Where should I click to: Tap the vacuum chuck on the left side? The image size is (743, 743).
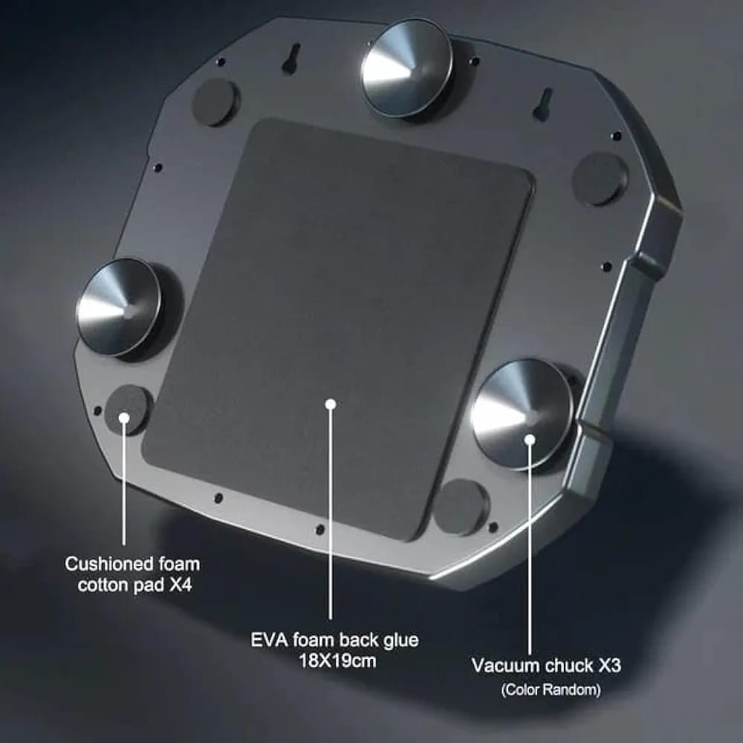(120, 307)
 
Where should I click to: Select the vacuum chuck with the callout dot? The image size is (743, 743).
(523, 414)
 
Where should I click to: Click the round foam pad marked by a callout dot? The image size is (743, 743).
(128, 409)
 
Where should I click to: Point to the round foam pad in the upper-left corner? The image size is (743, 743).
(215, 103)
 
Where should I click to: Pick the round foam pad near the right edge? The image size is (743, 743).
(600, 178)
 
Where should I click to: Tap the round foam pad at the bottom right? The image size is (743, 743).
(461, 507)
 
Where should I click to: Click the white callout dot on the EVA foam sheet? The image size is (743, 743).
(331, 404)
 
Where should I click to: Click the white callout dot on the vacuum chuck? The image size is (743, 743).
(530, 440)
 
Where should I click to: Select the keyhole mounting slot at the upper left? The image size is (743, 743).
(293, 59)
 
